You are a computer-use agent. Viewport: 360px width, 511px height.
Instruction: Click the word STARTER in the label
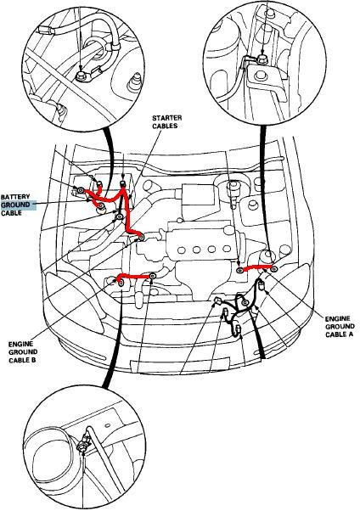(x=167, y=118)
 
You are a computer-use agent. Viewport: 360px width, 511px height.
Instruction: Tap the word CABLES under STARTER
(x=165, y=126)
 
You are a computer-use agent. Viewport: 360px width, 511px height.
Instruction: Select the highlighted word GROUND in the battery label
(x=15, y=205)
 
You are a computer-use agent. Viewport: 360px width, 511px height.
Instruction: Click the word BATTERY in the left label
(x=15, y=197)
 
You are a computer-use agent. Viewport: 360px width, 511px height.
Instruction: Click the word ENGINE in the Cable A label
(x=338, y=318)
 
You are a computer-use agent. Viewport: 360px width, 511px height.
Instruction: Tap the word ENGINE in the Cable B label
(x=21, y=344)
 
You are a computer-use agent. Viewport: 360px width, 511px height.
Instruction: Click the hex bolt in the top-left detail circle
(x=81, y=77)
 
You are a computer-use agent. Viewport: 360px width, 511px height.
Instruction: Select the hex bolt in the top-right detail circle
(x=261, y=59)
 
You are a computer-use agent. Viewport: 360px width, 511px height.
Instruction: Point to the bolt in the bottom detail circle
(x=82, y=447)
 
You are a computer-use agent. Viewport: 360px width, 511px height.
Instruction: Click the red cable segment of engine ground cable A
(x=257, y=268)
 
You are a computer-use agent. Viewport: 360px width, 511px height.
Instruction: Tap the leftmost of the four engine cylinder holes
(x=182, y=250)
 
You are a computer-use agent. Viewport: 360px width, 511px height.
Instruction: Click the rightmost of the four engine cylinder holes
(x=227, y=250)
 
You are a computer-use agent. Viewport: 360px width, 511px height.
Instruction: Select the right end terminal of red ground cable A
(x=274, y=269)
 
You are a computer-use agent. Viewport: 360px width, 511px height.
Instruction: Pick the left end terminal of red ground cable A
(x=239, y=270)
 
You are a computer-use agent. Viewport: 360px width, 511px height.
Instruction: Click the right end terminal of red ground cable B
(x=153, y=277)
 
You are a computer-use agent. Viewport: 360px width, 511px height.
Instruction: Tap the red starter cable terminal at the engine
(x=141, y=237)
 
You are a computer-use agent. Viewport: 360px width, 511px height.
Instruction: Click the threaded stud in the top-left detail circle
(x=134, y=82)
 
